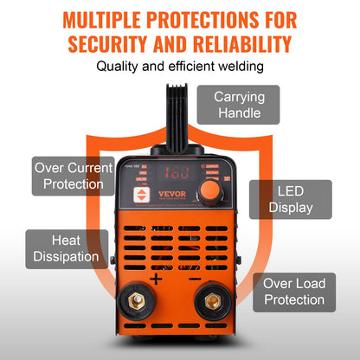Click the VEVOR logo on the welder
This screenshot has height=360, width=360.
click(x=170, y=194)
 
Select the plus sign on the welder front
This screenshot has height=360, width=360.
click(x=156, y=279)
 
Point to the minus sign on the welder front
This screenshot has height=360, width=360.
click(x=195, y=279)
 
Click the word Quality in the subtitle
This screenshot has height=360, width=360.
click(x=120, y=66)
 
